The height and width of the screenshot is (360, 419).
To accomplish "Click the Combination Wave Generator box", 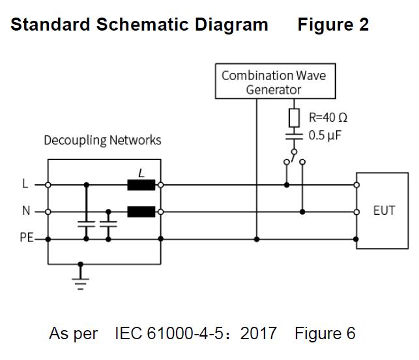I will pyautogui.click(x=274, y=82).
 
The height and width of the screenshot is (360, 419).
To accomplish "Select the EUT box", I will pyautogui.click(x=384, y=211).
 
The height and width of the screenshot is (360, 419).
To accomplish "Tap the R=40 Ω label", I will pyautogui.click(x=327, y=118).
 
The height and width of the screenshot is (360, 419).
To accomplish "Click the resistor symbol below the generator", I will pyautogui.click(x=294, y=118).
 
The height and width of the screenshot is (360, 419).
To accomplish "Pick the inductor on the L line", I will pyautogui.click(x=141, y=185).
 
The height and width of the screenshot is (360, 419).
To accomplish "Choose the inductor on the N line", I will pyautogui.click(x=141, y=212).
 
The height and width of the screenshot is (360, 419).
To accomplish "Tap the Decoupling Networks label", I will pyautogui.click(x=102, y=140).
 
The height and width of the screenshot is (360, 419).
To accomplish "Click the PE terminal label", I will pyautogui.click(x=26, y=238).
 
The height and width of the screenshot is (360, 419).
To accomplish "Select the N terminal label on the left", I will pyautogui.click(x=25, y=212).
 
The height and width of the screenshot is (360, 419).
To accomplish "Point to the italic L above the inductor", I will pyautogui.click(x=141, y=173).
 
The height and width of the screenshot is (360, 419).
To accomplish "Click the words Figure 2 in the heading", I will pyautogui.click(x=333, y=25).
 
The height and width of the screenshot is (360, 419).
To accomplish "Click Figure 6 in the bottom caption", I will pyautogui.click(x=325, y=334).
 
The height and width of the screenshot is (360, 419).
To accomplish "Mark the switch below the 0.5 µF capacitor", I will pyautogui.click(x=294, y=156).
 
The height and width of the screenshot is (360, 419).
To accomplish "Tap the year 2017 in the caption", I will pyautogui.click(x=258, y=334).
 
